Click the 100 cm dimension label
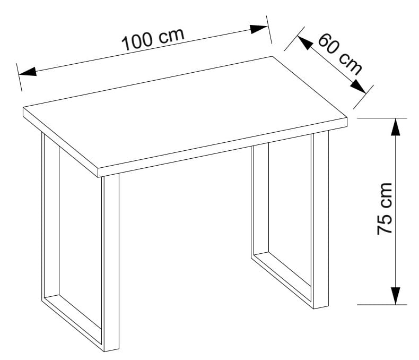pyautogui.click(x=153, y=39)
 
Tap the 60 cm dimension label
pyautogui.click(x=340, y=54)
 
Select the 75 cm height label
pyautogui.click(x=385, y=209)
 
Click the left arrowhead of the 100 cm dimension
pyautogui.click(x=28, y=72)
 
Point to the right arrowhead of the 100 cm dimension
pyautogui.click(x=259, y=29)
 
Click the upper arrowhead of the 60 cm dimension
pyautogui.click(x=305, y=43)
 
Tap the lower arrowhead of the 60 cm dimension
pyautogui.click(x=359, y=87)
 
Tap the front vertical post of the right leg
pyautogui.click(x=320, y=219)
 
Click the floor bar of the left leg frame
pyautogui.click(x=72, y=323)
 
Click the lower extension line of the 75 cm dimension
pyautogui.click(x=382, y=305)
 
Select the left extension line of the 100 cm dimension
pyautogui.click(x=19, y=78)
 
